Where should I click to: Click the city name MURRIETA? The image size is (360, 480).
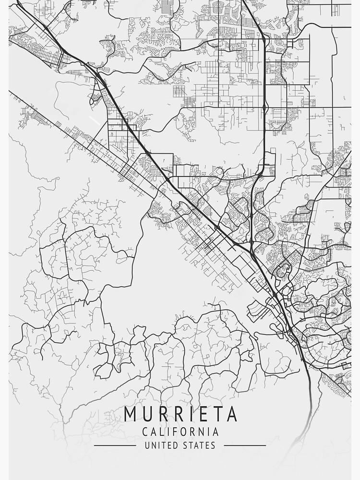click(x=180, y=414)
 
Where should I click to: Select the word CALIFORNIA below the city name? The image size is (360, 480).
click(x=180, y=432)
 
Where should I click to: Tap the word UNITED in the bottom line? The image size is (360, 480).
click(x=159, y=445)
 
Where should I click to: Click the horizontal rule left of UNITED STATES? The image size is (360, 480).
click(x=115, y=445)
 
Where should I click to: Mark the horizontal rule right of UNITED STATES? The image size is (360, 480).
click(x=245, y=445)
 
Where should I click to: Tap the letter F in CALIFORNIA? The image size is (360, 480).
click(x=175, y=432)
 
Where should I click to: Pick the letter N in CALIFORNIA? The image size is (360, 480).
click(x=203, y=432)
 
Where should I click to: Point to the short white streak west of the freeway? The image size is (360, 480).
click(x=95, y=118)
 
